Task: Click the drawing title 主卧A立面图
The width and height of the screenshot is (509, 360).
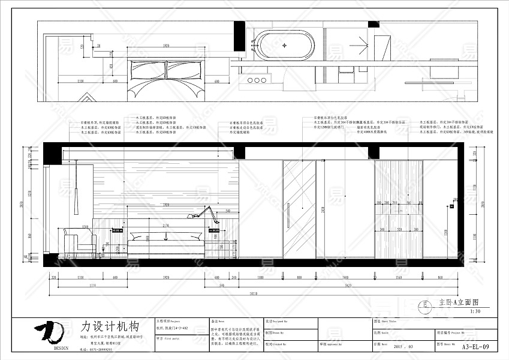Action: click(x=459, y=303)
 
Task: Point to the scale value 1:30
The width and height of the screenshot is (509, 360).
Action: click(x=475, y=311)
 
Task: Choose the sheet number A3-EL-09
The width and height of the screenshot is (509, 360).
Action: click(x=477, y=346)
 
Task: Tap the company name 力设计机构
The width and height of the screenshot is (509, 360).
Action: click(x=110, y=327)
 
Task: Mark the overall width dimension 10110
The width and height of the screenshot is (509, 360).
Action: click(x=254, y=293)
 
